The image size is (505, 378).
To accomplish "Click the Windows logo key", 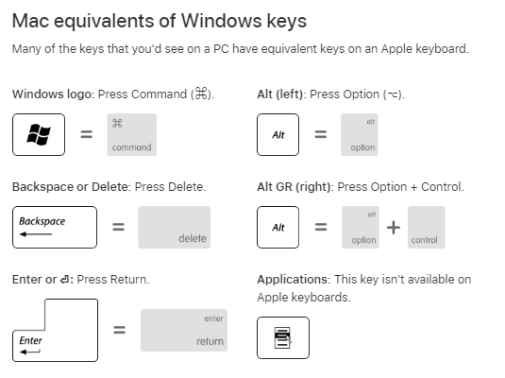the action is [x=39, y=134].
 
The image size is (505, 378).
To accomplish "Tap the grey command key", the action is [x=132, y=134].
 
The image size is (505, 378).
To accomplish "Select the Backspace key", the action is [x=55, y=227].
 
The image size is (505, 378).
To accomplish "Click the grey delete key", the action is [x=175, y=227].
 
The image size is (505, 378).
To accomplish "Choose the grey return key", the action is [x=184, y=330].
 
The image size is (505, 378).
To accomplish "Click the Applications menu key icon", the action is [x=283, y=337].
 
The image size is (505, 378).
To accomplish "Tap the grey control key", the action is [x=427, y=227].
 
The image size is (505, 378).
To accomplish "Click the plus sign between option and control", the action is [x=394, y=228].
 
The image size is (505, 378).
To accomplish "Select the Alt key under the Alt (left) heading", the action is [x=278, y=134].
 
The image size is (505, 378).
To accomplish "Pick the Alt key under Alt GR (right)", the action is [x=278, y=227].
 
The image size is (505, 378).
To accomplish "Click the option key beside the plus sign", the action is [x=361, y=227].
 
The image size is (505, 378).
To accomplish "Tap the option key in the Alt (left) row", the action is [x=360, y=134].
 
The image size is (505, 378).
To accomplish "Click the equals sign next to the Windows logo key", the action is [x=86, y=134].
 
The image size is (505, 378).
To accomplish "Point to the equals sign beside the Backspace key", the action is [x=118, y=227].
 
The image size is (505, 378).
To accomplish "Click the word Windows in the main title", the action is [x=221, y=22].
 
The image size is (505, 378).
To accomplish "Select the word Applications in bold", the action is [x=292, y=280].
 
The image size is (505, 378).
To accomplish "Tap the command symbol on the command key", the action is [x=117, y=123].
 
